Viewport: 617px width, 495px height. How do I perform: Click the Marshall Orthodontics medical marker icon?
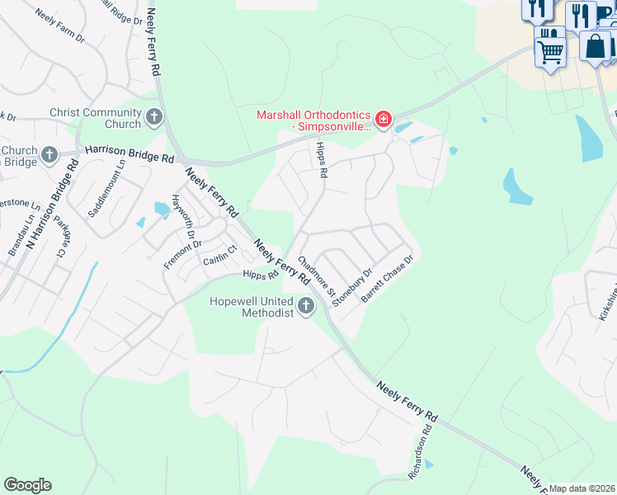coord(383,120)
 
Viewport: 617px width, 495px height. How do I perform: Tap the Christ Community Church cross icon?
coord(154,118)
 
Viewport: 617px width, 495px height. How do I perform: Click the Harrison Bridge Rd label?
coord(130,154)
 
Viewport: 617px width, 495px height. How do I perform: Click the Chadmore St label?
coord(317,276)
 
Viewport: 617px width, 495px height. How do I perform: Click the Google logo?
coord(27,484)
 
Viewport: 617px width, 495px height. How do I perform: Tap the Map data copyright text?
coord(582,488)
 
